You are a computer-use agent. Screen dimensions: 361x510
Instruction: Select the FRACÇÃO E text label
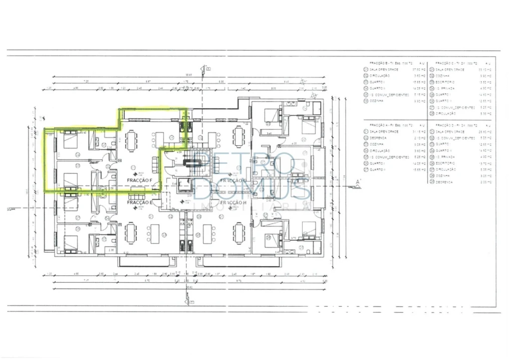point(139,203)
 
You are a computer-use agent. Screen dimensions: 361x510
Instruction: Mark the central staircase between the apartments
point(192,161)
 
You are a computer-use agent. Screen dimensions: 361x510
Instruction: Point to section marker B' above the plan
point(203,69)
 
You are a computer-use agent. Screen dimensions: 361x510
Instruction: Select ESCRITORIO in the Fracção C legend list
point(445,82)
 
